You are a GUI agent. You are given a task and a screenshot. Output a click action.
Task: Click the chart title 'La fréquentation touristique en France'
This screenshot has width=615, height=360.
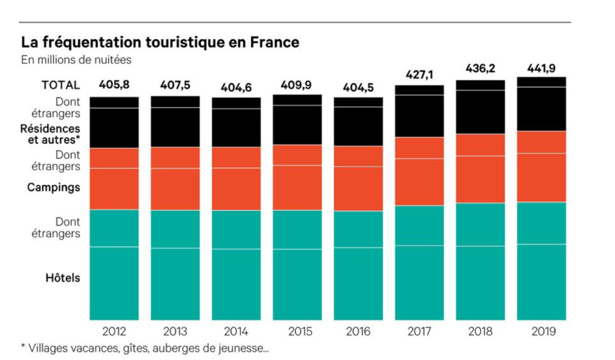(160, 43)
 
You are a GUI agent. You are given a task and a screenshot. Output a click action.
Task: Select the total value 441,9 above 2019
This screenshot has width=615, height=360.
(541, 68)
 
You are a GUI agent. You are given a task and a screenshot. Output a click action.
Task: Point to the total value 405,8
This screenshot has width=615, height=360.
(113, 85)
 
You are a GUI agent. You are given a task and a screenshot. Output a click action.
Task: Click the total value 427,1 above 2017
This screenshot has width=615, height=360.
(419, 76)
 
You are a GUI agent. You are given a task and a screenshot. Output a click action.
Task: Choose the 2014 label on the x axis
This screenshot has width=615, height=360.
(236, 331)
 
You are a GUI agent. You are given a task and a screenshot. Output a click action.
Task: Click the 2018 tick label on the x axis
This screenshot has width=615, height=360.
(480, 331)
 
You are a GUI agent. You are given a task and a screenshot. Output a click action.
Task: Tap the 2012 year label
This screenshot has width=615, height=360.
(114, 331)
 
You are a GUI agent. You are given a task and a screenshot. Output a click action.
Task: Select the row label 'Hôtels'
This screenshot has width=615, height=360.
(63, 278)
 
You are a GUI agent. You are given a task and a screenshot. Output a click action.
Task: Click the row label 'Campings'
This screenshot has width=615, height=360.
(53, 187)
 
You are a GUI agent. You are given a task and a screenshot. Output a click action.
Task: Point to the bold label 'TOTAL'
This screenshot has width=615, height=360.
(61, 85)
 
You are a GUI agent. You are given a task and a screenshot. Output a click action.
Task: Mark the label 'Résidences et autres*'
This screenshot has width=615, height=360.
(50, 134)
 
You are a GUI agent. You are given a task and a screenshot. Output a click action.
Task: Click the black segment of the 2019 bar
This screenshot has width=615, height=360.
(541, 104)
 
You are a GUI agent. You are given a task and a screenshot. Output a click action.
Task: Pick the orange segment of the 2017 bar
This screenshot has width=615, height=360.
(419, 172)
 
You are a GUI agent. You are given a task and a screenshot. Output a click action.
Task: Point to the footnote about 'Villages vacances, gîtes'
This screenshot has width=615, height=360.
(144, 348)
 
